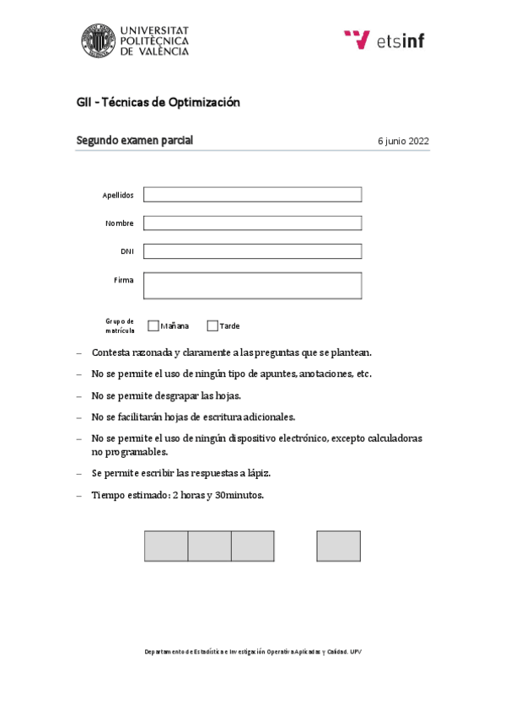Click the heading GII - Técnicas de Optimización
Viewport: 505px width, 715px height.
coord(158,102)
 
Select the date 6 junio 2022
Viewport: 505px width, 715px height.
coord(404,142)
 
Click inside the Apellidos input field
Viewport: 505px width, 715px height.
coord(252,195)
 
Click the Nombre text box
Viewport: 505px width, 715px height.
coord(252,223)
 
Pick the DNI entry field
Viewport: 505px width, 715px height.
coord(252,251)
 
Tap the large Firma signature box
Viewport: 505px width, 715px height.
coord(252,285)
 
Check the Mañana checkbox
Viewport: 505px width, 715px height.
coord(153,325)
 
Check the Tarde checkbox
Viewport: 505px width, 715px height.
coord(212,325)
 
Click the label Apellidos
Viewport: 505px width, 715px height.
coord(118,195)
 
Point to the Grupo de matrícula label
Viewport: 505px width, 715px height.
coord(120,325)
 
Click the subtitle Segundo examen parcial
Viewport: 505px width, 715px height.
coord(135,141)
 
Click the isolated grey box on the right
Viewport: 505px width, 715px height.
coord(339,546)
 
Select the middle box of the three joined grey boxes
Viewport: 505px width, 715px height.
coord(209,546)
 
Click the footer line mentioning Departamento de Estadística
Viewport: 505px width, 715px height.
coord(252,652)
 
